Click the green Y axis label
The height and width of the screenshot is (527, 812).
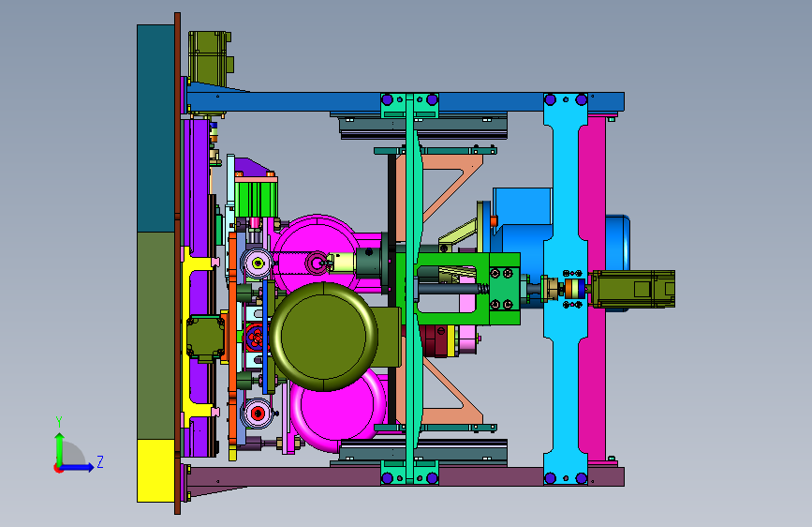59,422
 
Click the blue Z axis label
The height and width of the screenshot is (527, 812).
100,461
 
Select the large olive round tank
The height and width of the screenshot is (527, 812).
324,337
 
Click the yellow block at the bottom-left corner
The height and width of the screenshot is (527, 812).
155,471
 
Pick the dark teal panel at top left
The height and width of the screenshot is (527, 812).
155,128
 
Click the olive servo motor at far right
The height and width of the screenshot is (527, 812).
633,289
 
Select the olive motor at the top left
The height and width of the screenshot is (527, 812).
210,58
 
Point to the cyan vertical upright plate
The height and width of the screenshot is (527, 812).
566,289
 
